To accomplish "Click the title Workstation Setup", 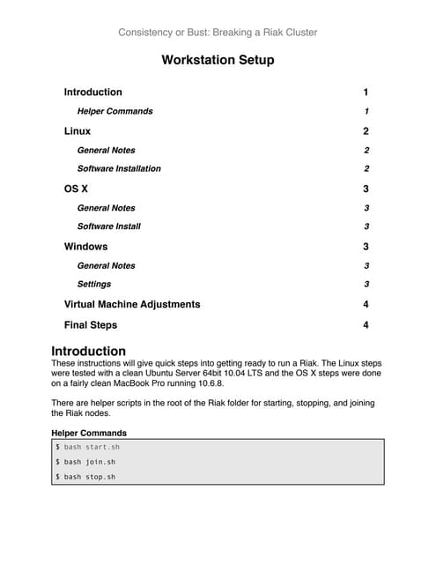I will point(218,61).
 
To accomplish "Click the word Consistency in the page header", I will point(145,33).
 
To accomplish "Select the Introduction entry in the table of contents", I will point(93,93).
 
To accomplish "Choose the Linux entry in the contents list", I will point(78,131).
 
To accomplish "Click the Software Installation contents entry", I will point(119,168).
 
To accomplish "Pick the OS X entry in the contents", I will point(77,189).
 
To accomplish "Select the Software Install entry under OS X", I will point(109,226).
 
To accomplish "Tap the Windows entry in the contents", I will point(86,247).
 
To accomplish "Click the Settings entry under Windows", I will point(94,284).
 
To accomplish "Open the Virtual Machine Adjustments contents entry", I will point(132,304).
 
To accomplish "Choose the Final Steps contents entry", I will point(91,325).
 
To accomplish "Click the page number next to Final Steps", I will point(366,325).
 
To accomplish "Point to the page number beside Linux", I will point(366,131).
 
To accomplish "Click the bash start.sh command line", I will point(88,448).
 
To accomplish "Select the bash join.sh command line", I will point(85,462).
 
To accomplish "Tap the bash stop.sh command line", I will point(85,477).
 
